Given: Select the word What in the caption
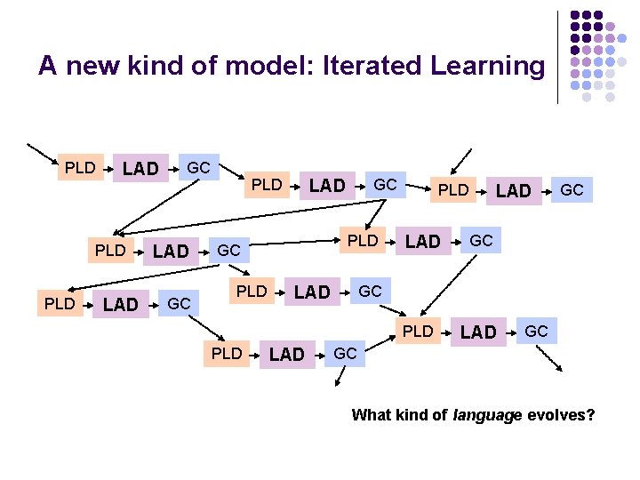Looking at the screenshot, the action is click(372, 414).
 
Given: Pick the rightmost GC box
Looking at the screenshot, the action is click(572, 189).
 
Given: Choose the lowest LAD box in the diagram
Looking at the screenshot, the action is click(286, 355).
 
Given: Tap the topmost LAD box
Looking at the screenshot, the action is click(140, 168).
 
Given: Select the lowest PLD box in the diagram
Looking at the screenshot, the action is click(227, 353).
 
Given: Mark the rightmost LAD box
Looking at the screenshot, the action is click(513, 190).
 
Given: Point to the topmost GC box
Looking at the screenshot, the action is click(198, 167).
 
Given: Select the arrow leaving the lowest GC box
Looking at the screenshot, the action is click(340, 377).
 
